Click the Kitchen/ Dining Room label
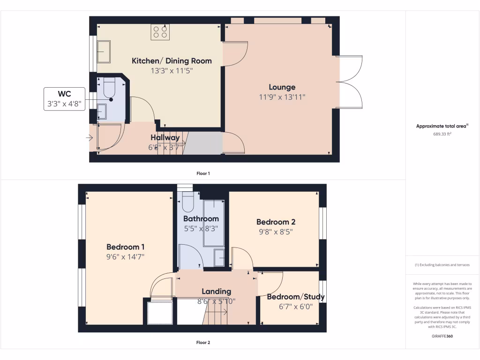tap(172, 61)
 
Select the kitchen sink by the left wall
tap(104, 52)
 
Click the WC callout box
tap(64, 99)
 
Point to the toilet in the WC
tap(109, 89)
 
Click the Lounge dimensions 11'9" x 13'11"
tap(282, 97)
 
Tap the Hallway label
tap(165, 138)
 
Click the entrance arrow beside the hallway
tap(89, 138)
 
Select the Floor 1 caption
tap(203, 173)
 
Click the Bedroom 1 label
tap(125, 247)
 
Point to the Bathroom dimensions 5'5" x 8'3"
tap(201, 229)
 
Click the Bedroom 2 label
tap(276, 222)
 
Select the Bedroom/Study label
tap(295, 297)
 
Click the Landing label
tap(216, 292)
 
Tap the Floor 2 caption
tap(203, 343)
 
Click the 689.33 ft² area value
tap(442, 134)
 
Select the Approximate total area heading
tap(442, 126)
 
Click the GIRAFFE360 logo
tap(442, 336)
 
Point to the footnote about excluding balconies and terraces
tap(442, 265)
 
